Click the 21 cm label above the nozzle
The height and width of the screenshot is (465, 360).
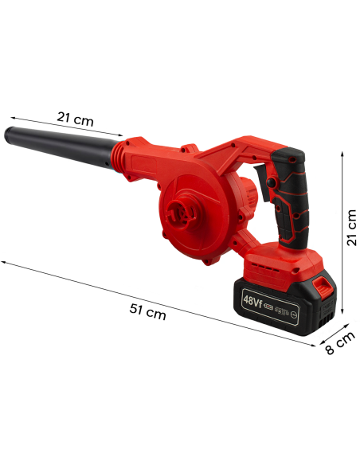[75, 119]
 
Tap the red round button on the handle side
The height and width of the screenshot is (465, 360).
[272, 183]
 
